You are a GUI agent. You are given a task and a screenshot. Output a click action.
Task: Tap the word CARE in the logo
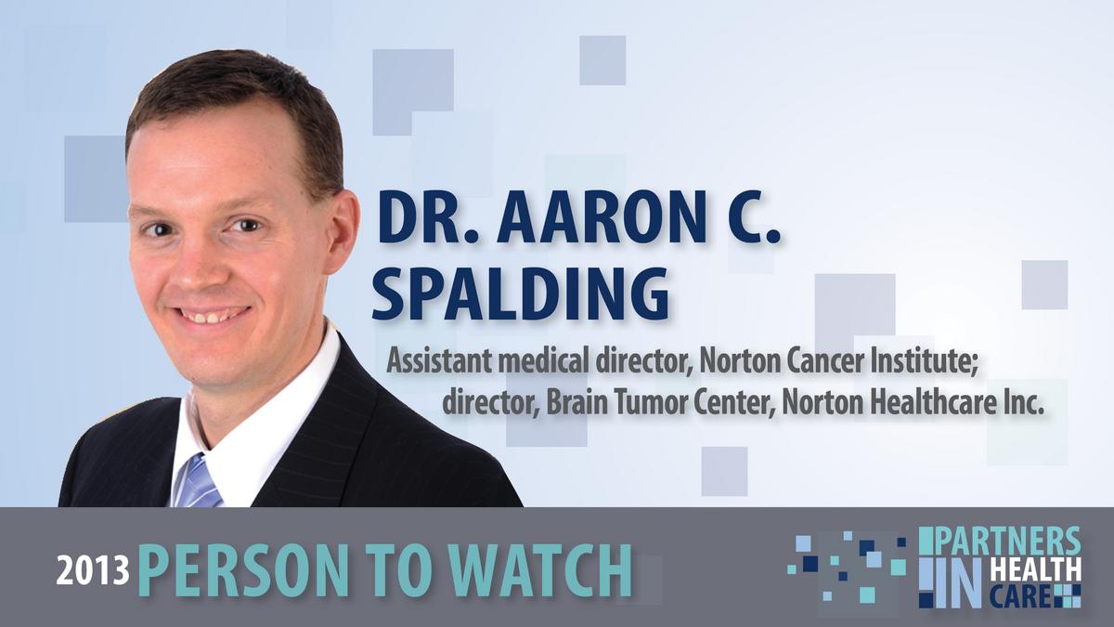1020,597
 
